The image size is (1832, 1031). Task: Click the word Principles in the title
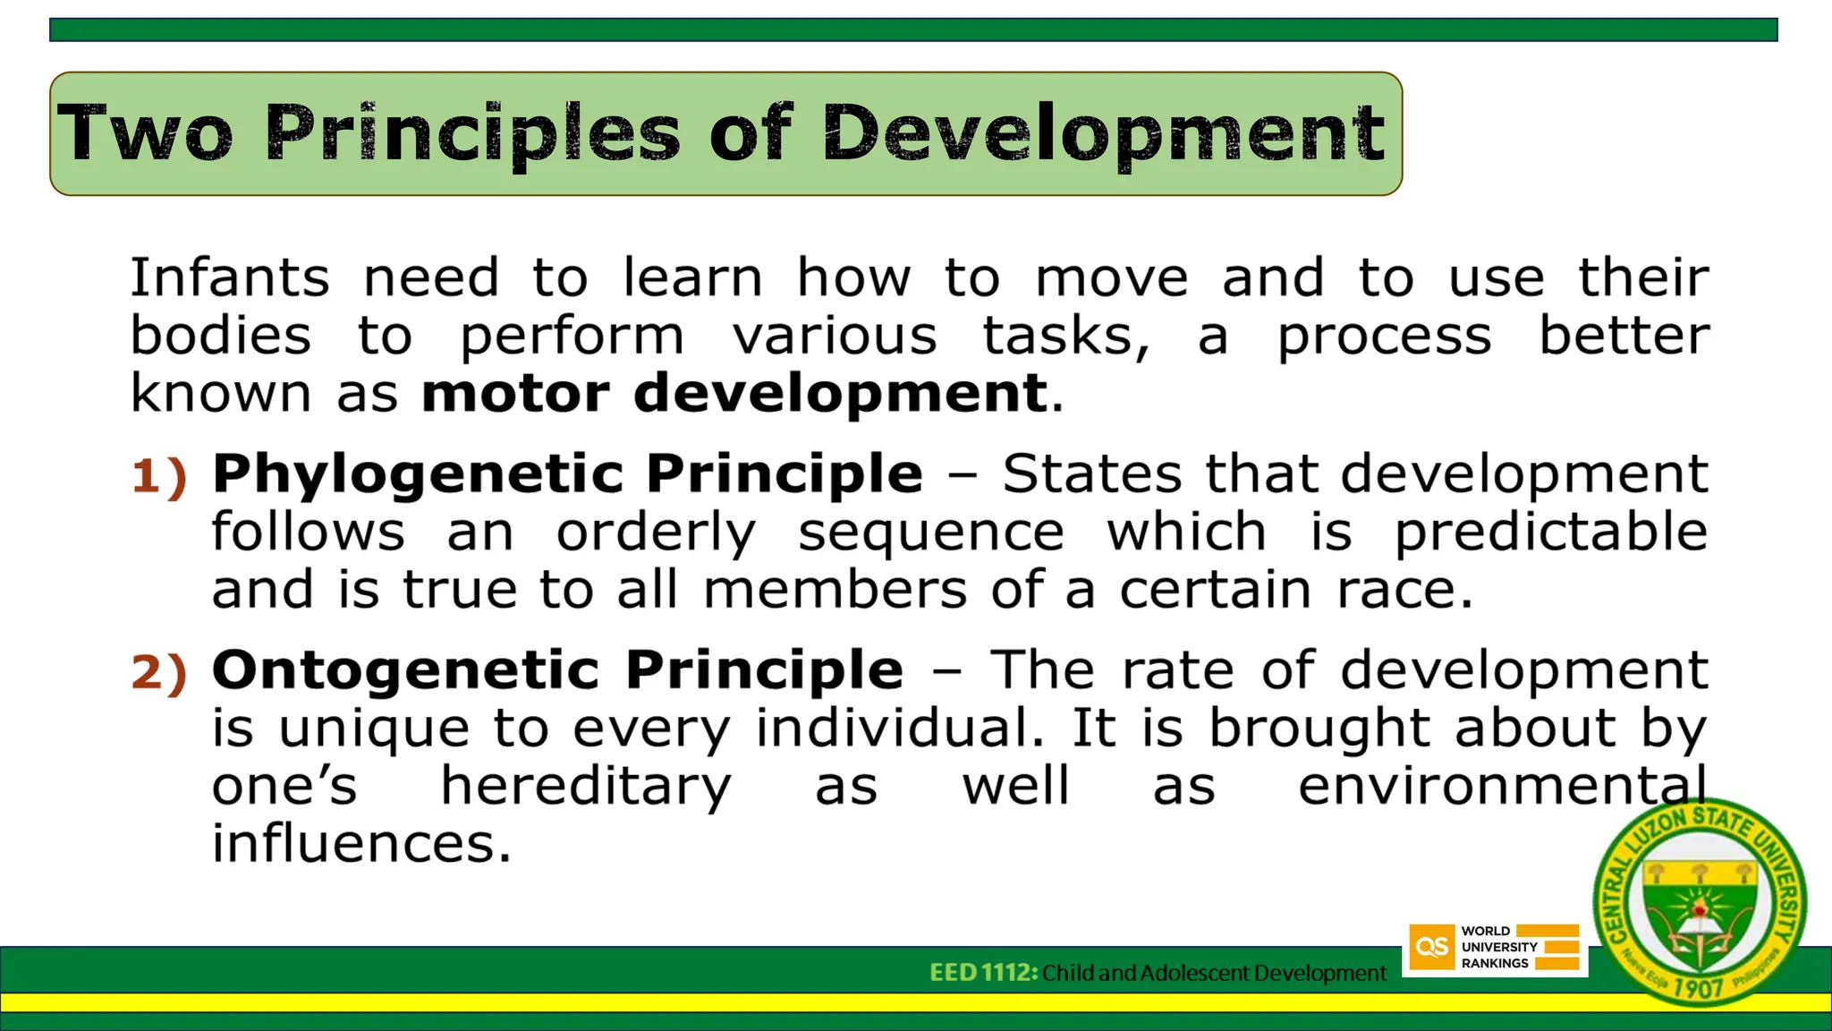(x=472, y=134)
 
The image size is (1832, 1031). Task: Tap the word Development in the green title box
(x=1104, y=134)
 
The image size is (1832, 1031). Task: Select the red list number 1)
(x=159, y=476)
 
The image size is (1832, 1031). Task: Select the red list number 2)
(x=159, y=672)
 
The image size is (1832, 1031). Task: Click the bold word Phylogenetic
(x=417, y=474)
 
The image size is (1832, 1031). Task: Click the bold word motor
(x=515, y=394)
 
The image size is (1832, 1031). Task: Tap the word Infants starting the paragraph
(x=230, y=277)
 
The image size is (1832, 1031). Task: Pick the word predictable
(x=1551, y=533)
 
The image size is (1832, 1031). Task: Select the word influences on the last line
(x=361, y=844)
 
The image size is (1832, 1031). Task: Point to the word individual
(x=900, y=729)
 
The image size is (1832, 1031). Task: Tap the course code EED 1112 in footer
(x=983, y=973)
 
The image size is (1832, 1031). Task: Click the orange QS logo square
(x=1431, y=948)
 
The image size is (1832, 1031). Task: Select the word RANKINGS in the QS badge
(x=1495, y=964)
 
